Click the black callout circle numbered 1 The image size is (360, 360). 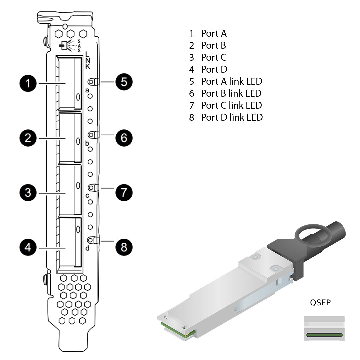click(28, 83)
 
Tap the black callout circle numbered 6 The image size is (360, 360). click(124, 138)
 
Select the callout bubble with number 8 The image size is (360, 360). click(124, 247)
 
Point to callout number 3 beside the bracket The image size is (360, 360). click(28, 193)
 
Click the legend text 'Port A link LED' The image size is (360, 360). click(231, 81)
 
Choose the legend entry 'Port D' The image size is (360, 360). click(214, 69)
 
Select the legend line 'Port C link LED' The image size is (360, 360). click(231, 105)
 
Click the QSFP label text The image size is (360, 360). click(320, 303)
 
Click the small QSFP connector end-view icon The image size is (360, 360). click(324, 329)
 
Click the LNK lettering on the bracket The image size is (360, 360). click(87, 60)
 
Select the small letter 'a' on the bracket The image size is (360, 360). click(87, 90)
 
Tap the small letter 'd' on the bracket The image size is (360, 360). click(87, 248)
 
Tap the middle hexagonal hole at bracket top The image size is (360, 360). click(70, 34)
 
